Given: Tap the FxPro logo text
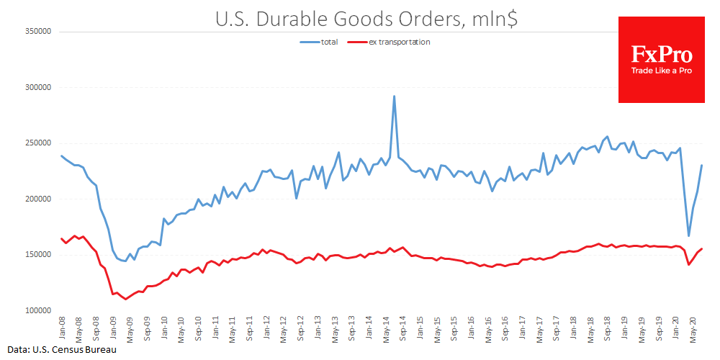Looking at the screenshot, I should [x=662, y=55].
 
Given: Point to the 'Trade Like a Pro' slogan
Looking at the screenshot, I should [x=662, y=71].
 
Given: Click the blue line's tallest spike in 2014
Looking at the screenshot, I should [x=394, y=96].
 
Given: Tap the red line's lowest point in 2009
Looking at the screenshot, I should [x=126, y=299].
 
